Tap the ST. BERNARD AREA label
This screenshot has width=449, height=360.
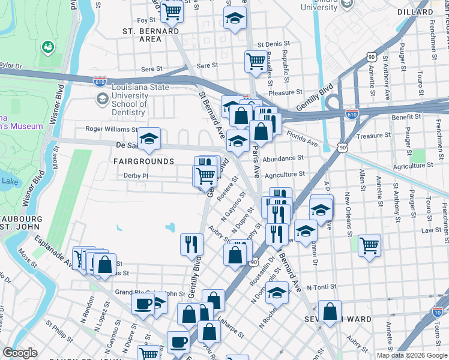click(x=142, y=34)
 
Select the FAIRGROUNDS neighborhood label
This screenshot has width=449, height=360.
click(x=144, y=161)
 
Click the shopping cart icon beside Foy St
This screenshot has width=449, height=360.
click(x=172, y=10)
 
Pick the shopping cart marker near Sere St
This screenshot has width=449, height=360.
click(x=256, y=61)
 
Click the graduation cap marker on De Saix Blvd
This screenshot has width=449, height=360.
click(x=149, y=139)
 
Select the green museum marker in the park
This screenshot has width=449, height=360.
click(x=47, y=46)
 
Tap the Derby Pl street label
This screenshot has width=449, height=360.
click(x=135, y=175)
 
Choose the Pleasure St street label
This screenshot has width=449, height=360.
click(x=286, y=92)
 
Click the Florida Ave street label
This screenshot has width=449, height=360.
click(x=301, y=139)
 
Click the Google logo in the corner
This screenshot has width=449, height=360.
click(x=20, y=353)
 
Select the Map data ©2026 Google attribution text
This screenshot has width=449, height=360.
click(x=411, y=355)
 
